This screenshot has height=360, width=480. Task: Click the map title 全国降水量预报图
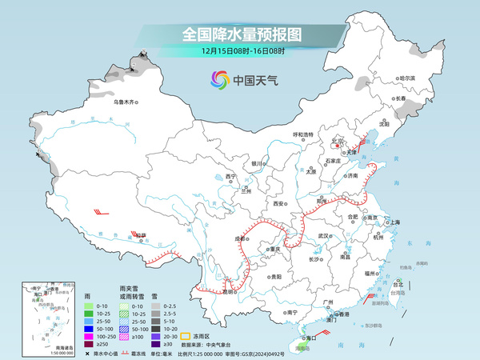[x=241, y=34]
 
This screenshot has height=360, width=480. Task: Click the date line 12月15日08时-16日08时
[x=241, y=51]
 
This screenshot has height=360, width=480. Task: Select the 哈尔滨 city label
[x=408, y=78]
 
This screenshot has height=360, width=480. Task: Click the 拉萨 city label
[x=141, y=235]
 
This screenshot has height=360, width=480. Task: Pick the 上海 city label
[x=395, y=222]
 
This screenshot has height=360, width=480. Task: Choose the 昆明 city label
[x=230, y=291]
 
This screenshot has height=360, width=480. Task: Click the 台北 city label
[x=398, y=282]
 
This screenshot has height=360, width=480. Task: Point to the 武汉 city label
[x=324, y=236]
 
